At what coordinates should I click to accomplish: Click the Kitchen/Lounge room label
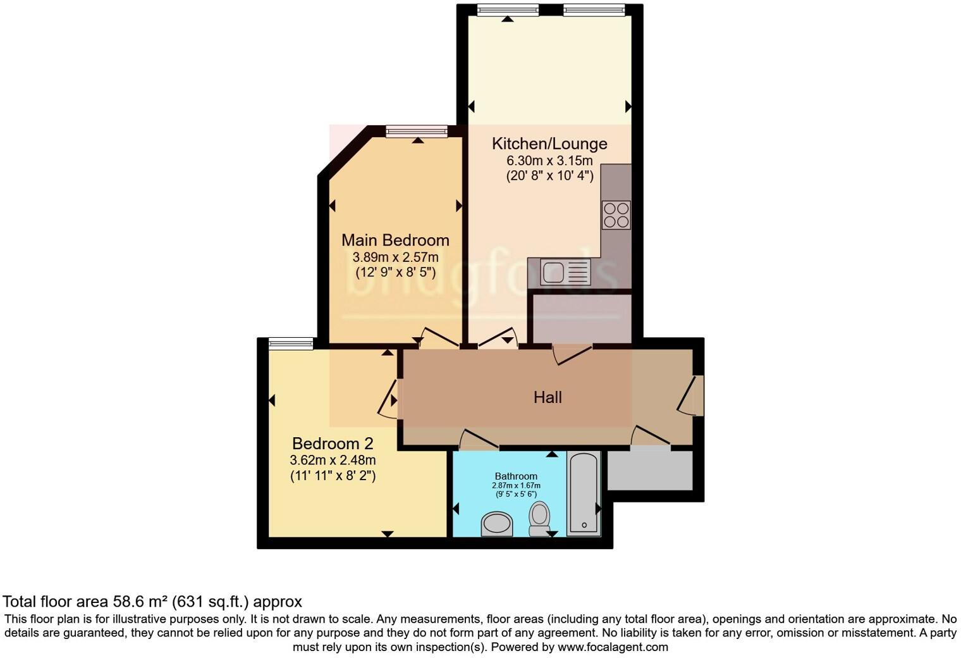[549, 144]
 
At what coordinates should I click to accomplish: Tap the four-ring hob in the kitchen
[616, 214]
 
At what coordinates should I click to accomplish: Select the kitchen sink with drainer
[565, 273]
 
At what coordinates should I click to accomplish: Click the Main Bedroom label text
[395, 240]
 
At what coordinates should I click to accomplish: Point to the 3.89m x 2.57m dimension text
[395, 258]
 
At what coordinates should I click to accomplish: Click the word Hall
[548, 397]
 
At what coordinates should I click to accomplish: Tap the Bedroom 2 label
[333, 444]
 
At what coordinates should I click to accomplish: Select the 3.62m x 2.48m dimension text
[333, 460]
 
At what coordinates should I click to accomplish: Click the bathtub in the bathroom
[583, 493]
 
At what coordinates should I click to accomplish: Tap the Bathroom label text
[516, 476]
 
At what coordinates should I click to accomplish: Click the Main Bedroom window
[417, 132]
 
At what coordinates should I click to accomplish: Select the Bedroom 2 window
[291, 344]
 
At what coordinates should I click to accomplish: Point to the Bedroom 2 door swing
[388, 399]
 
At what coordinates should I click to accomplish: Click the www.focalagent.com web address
[613, 647]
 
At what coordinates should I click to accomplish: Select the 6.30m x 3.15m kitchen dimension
[549, 161]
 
